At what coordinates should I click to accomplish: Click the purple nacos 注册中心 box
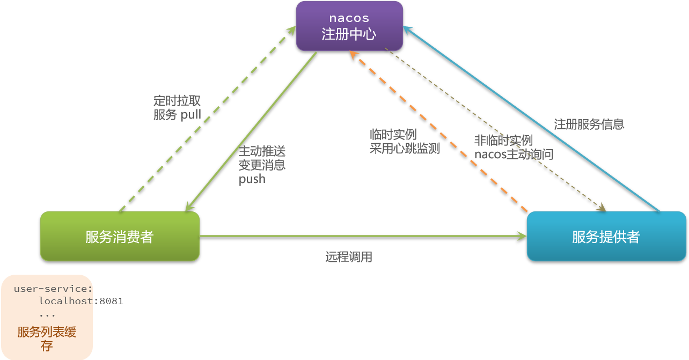pos(349,26)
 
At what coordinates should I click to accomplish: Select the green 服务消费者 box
pos(120,237)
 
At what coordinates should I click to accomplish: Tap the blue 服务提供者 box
pos(606,237)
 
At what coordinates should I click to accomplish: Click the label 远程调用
pos(349,257)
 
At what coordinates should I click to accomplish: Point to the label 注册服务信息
pos(589,124)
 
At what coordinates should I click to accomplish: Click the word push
pos(252,179)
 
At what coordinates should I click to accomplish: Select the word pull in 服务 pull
pos(191,114)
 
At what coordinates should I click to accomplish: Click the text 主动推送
pos(262,151)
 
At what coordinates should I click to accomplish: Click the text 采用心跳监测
pos(405,148)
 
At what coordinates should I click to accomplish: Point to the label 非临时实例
pos(503,141)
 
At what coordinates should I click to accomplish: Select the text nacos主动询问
pos(514,155)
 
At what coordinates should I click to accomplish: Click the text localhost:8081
pos(81,301)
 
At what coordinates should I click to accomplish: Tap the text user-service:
pos(53,289)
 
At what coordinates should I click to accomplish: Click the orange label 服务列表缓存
pos(47,339)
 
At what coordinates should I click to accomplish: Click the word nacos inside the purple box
pos(349,18)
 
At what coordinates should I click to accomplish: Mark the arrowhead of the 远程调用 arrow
pos(522,236)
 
